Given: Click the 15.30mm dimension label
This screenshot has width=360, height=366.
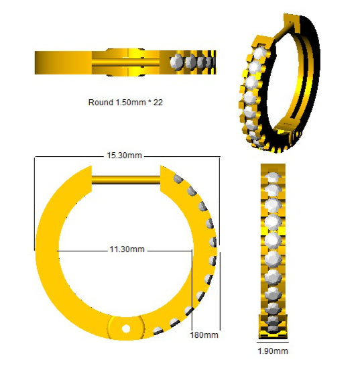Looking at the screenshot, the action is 124,156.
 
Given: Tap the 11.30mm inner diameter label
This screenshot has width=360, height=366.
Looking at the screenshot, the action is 127,249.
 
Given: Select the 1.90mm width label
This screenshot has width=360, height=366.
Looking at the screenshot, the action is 273,351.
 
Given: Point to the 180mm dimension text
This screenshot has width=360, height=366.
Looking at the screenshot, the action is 204,335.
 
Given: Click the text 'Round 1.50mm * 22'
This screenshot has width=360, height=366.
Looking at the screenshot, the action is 125,103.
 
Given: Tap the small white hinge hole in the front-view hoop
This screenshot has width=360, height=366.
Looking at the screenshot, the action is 126,329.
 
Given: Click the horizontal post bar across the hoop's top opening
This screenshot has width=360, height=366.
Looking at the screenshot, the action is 126,180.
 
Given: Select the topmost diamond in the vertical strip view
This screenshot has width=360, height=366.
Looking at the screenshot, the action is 273,177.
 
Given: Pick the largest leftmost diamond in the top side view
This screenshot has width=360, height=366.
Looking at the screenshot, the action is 176,62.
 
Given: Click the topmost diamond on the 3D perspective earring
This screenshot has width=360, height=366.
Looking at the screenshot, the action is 259,54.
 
